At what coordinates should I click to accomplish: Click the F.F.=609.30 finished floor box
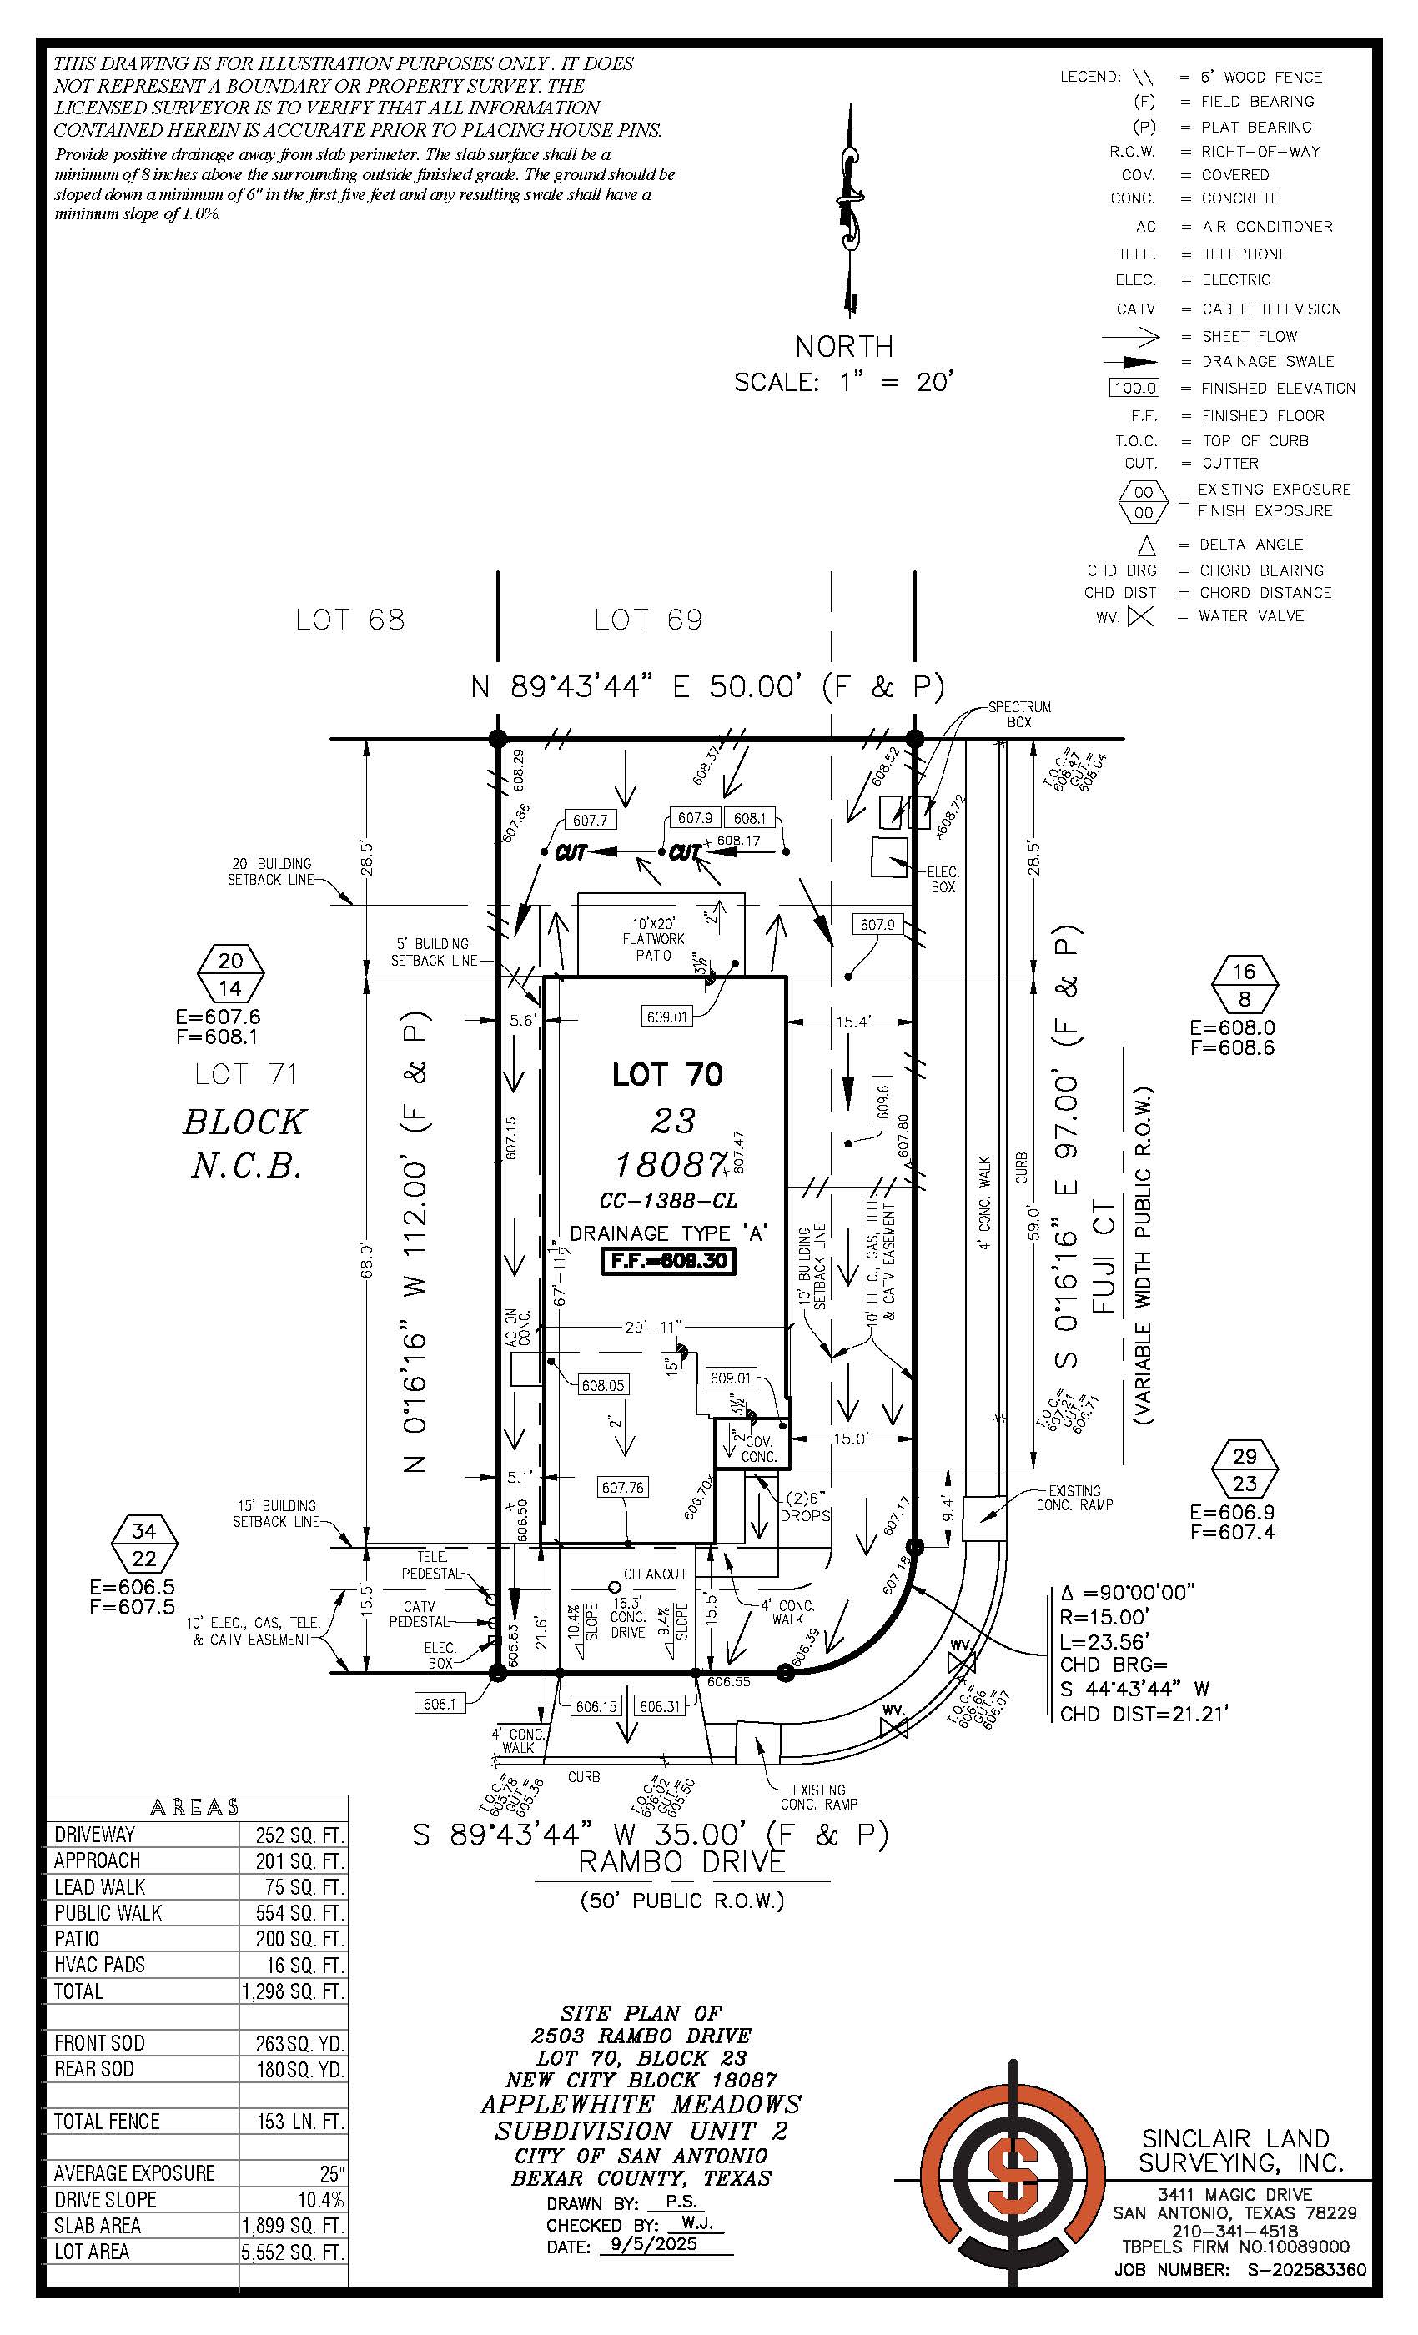[x=668, y=1261]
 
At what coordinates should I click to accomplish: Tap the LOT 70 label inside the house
[x=667, y=1075]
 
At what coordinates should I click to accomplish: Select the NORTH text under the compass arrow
[x=843, y=347]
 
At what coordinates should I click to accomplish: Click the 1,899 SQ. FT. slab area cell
[x=293, y=2225]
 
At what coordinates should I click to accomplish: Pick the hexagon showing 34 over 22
[x=143, y=1544]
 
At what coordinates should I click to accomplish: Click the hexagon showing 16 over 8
[x=1245, y=985]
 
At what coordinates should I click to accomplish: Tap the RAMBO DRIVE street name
[x=681, y=1862]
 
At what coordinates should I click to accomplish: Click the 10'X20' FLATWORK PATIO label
[x=653, y=939]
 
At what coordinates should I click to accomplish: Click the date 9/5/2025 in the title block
[x=653, y=2244]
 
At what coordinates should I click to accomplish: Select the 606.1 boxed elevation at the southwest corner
[x=440, y=1704]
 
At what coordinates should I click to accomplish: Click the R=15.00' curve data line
[x=1105, y=1617]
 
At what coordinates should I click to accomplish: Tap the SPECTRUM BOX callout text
[x=1019, y=715]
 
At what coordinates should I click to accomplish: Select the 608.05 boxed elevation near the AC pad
[x=603, y=1385]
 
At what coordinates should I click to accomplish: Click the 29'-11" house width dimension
[x=653, y=1327]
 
